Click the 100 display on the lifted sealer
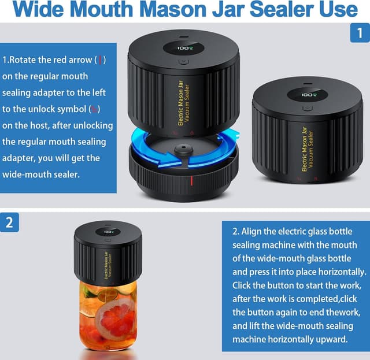(185, 50)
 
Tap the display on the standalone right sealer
(308, 94)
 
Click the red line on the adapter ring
(191, 181)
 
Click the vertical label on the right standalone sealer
(308, 150)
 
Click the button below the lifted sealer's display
(183, 61)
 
